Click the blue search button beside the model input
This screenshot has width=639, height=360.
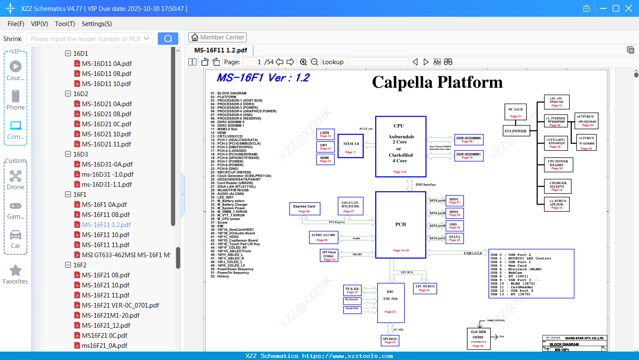pos(168,39)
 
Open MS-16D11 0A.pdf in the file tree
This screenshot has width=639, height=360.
pos(107,64)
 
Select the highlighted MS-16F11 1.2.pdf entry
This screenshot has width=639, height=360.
pos(106,225)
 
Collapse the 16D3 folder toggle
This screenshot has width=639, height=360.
pos(68,154)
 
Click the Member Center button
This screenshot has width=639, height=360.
pos(217,37)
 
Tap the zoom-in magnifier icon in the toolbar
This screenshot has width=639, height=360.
pos(303,62)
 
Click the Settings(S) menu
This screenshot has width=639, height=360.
pos(97,24)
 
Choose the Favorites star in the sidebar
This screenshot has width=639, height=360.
pos(16,271)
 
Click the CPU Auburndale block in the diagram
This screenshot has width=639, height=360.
pos(401,147)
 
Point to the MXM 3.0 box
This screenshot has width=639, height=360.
pos(351,146)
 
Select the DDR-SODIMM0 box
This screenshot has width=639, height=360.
pos(469,139)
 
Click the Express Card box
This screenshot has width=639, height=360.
pos(304,209)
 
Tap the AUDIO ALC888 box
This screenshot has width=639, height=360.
pos(323,237)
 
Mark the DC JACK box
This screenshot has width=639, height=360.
pos(516,112)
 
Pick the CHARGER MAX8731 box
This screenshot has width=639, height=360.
pos(558,186)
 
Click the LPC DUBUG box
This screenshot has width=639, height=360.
pos(425,288)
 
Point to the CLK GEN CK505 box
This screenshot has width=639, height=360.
pos(478,338)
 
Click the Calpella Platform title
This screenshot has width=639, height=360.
pos(437,82)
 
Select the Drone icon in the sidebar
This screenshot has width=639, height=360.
pos(16,176)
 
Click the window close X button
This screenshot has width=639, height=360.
pos(629,8)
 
